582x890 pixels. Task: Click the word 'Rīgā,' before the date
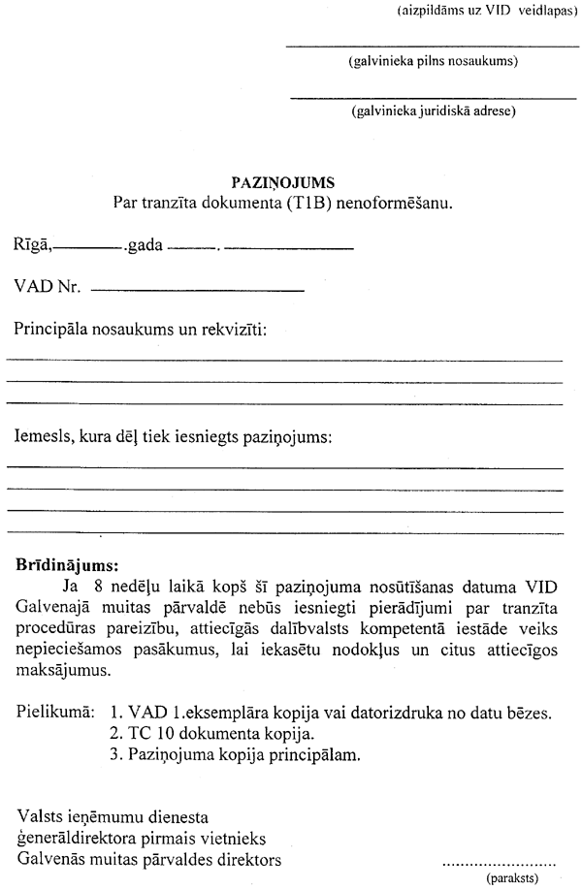tap(33, 246)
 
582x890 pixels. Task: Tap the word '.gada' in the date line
tap(144, 246)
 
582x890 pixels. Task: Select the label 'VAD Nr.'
tap(46, 288)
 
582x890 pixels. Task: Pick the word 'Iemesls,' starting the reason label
tap(44, 437)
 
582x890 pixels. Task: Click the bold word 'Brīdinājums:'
tap(67, 564)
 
